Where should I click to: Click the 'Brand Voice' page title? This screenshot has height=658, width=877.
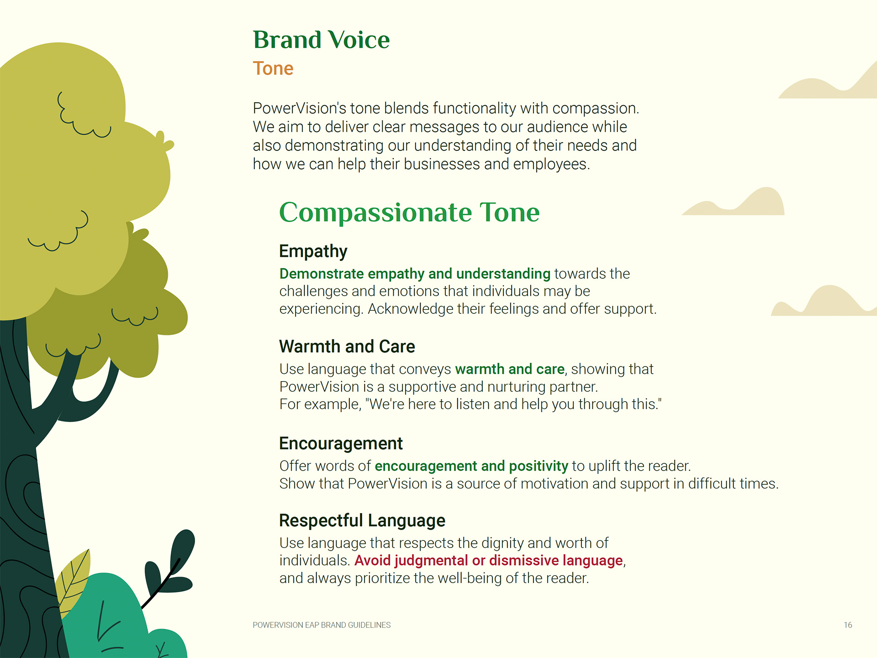[321, 40]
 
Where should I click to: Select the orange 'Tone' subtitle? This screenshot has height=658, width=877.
[273, 69]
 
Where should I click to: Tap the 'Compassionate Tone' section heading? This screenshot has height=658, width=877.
[409, 212]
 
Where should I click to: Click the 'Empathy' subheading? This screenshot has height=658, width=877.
[313, 251]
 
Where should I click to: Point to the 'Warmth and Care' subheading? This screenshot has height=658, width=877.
[347, 346]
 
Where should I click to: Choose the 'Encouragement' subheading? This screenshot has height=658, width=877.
[341, 444]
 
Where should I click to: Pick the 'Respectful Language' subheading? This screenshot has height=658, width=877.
[362, 520]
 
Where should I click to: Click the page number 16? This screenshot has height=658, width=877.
[848, 625]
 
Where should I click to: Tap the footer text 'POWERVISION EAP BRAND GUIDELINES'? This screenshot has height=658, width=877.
[322, 625]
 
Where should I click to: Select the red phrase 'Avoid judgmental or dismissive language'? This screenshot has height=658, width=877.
[489, 560]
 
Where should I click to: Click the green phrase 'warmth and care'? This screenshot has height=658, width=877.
[510, 369]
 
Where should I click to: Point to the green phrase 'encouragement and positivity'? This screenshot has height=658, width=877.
[471, 466]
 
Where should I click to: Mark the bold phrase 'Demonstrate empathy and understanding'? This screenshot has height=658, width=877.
[415, 274]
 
